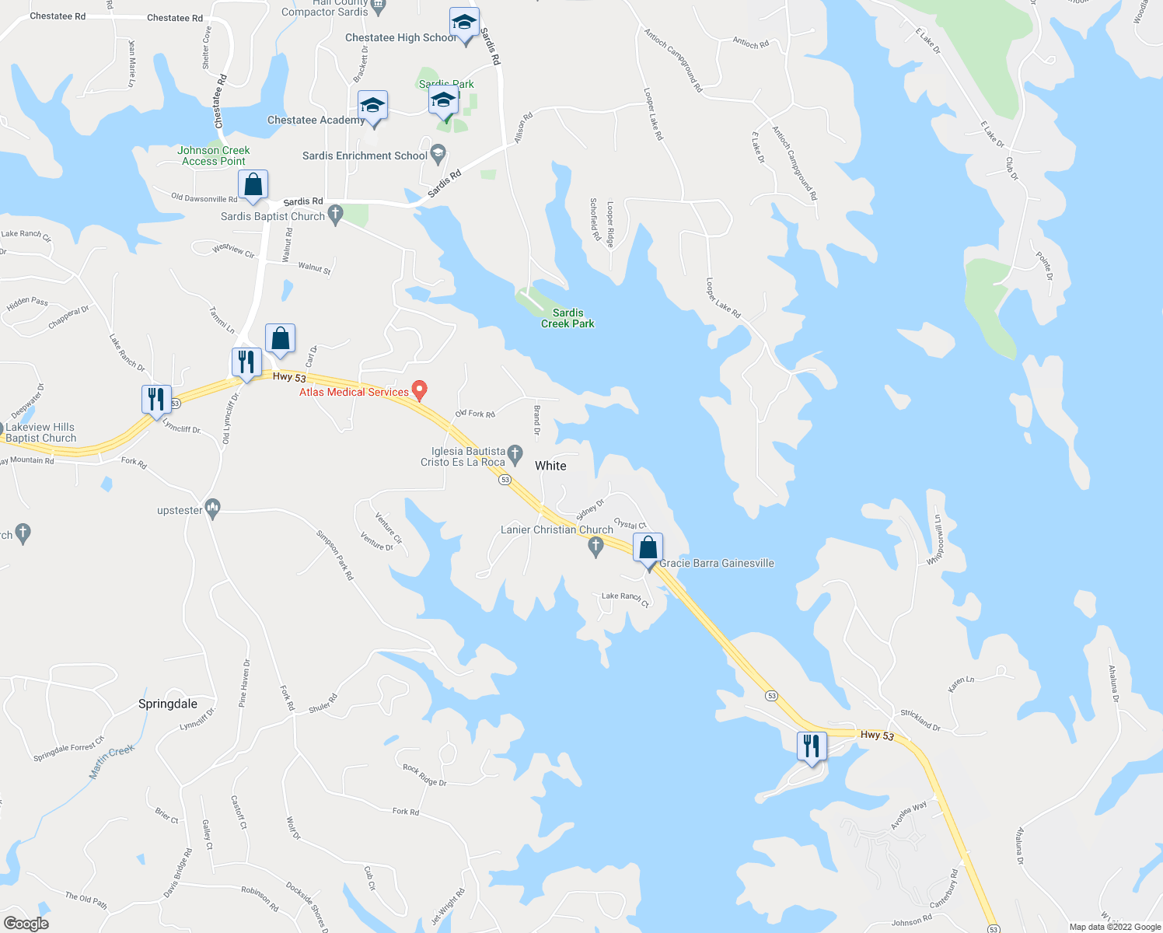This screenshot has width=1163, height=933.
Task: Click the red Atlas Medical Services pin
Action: click(x=420, y=390)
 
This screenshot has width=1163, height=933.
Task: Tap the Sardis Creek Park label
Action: click(x=568, y=318)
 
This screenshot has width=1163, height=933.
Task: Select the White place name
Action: click(x=550, y=466)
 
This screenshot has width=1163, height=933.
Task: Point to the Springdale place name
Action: click(x=168, y=704)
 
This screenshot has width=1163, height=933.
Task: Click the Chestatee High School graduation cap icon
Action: click(x=464, y=23)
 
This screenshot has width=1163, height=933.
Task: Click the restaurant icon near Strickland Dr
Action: click(x=811, y=746)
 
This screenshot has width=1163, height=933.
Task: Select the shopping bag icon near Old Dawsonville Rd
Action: click(x=253, y=185)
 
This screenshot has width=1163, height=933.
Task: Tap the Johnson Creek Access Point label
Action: click(x=214, y=155)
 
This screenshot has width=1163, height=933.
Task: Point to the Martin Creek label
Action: click(x=112, y=762)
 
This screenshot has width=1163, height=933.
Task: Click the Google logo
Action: click(x=26, y=924)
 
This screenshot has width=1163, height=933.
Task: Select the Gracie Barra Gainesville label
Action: click(x=717, y=563)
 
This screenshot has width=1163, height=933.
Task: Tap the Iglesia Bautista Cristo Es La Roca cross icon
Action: click(x=515, y=453)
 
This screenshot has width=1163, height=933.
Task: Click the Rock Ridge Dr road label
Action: click(x=424, y=775)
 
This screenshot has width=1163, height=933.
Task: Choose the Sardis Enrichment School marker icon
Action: click(x=438, y=152)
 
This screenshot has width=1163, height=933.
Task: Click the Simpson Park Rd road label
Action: click(x=335, y=555)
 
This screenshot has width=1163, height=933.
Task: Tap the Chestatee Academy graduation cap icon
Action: click(x=372, y=106)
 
